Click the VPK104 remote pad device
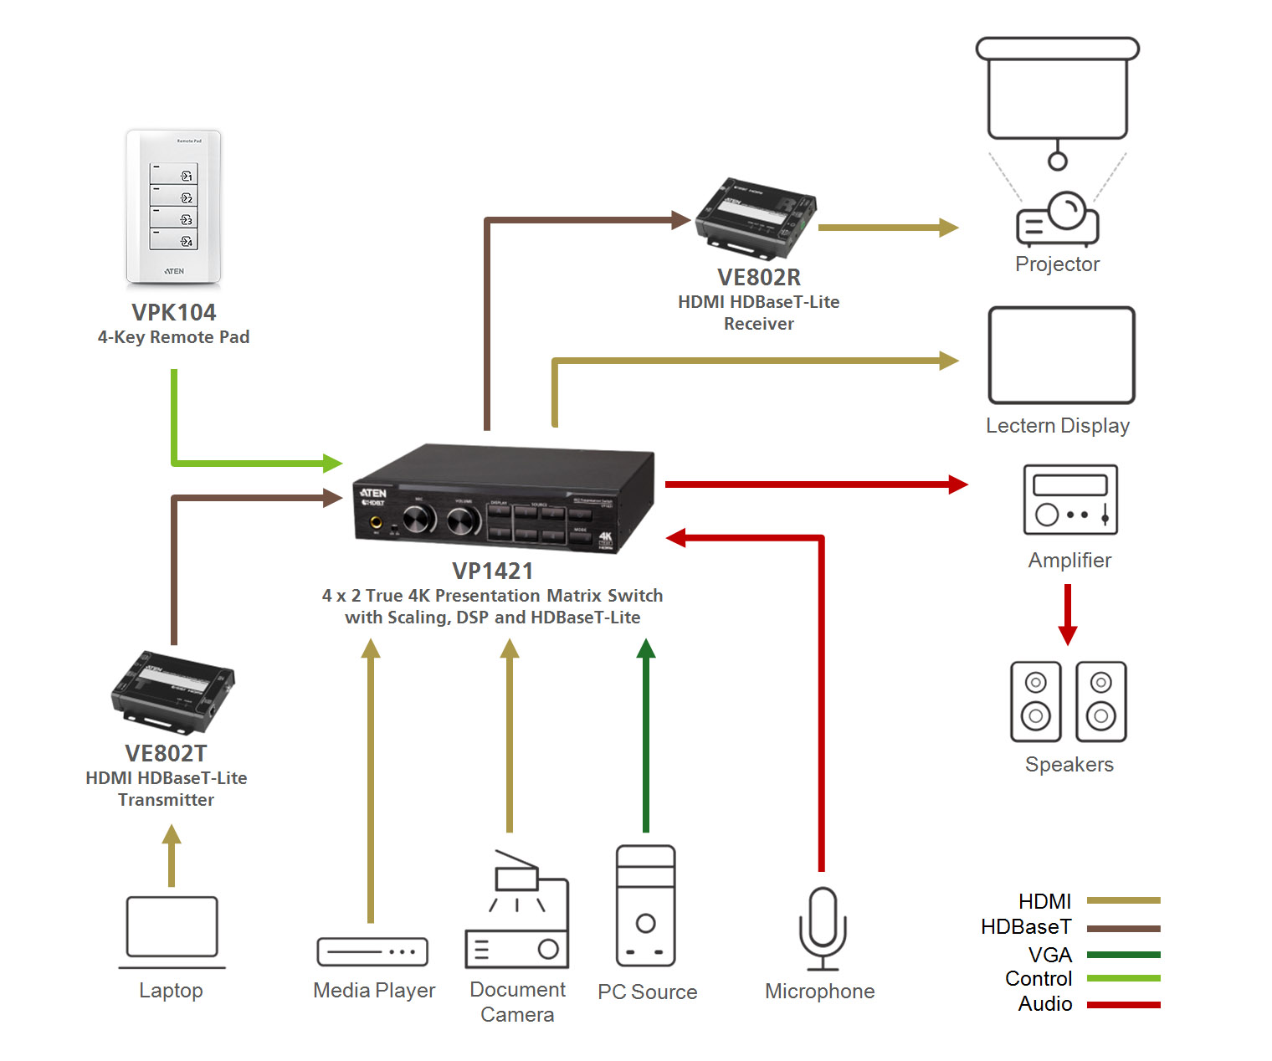(173, 207)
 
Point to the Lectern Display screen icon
(1061, 356)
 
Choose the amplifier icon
(1070, 500)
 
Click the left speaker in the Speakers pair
(1035, 701)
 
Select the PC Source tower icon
(645, 905)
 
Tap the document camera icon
(517, 912)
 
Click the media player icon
(372, 951)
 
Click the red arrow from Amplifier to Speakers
(1067, 614)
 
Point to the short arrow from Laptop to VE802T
(172, 855)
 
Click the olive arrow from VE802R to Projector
(887, 227)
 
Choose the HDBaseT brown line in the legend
(1123, 928)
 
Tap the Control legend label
(1038, 979)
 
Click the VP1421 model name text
(492, 571)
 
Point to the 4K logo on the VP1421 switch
(605, 538)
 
